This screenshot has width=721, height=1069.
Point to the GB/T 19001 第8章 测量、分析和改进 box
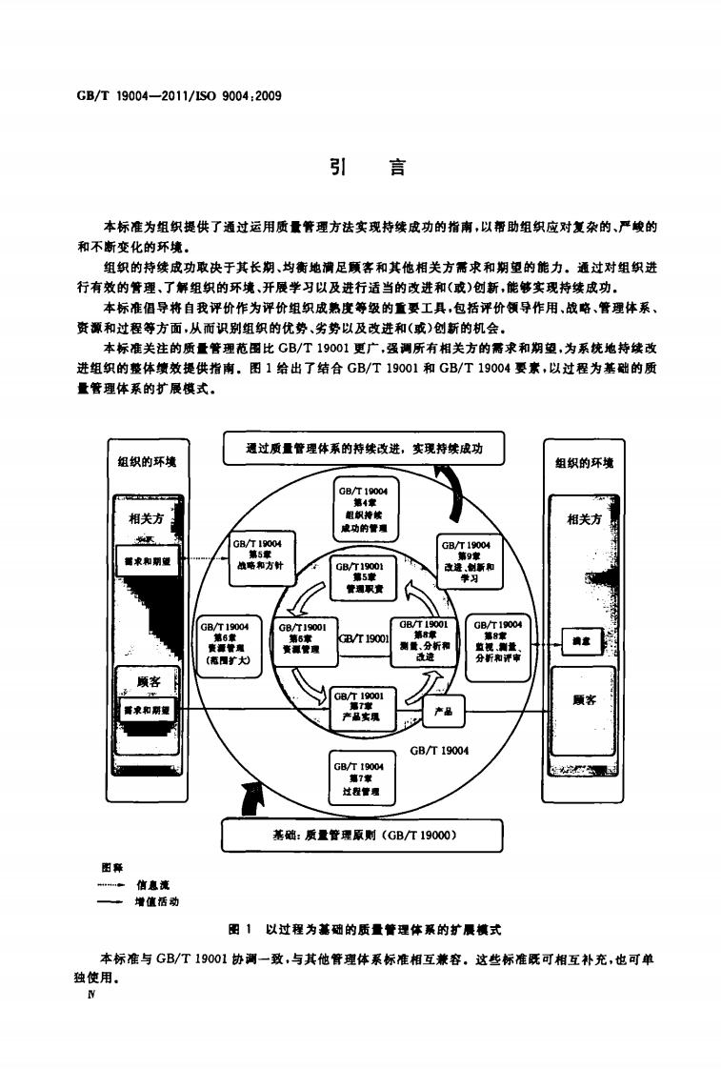point(426,643)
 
